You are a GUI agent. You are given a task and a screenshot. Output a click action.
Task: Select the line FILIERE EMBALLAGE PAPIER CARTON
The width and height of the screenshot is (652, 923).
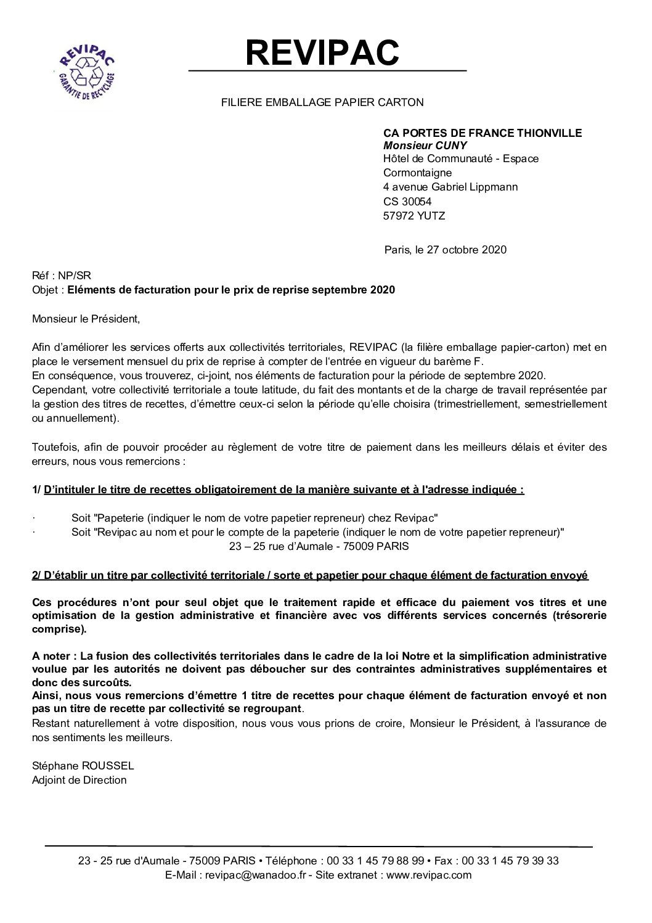click(x=322, y=102)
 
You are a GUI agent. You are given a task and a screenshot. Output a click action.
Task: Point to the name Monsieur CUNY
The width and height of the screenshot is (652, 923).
click(x=425, y=146)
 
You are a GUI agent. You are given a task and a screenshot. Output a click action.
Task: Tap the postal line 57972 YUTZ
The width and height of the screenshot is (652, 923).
click(x=414, y=216)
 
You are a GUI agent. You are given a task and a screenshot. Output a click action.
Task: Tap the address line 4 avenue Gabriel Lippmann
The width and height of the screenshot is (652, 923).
click(x=450, y=187)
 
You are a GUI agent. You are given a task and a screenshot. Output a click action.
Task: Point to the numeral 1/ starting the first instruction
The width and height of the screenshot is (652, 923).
click(x=36, y=490)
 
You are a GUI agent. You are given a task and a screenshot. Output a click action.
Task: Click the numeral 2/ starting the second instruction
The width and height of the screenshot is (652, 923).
click(x=36, y=575)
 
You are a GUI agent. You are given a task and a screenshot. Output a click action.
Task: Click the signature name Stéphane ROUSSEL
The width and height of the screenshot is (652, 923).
click(x=83, y=766)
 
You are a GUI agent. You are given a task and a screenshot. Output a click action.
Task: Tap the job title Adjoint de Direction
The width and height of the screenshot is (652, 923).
click(x=79, y=780)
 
